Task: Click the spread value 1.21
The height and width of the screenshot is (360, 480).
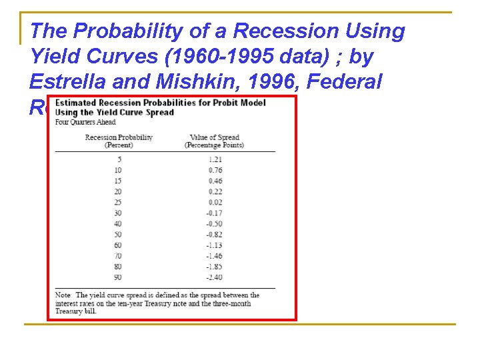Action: click(214, 159)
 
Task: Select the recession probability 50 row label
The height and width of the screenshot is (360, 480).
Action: click(118, 234)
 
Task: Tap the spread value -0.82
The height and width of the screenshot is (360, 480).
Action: click(213, 234)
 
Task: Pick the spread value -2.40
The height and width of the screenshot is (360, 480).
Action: click(213, 277)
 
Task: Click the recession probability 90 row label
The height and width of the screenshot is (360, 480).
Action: click(118, 277)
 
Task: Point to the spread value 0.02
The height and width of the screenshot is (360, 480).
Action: click(215, 202)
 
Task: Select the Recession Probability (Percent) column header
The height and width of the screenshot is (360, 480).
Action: click(119, 141)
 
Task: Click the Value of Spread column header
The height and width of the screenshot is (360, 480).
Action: click(213, 141)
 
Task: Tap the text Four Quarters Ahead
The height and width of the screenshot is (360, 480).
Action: click(85, 121)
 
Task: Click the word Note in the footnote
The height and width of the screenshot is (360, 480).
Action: click(63, 295)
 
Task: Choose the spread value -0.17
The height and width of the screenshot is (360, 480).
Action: click(213, 213)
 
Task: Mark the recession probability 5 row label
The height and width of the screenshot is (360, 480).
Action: click(119, 159)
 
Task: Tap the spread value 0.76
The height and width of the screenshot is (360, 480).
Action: click(215, 170)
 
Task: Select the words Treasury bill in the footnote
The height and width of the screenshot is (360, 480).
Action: click(75, 311)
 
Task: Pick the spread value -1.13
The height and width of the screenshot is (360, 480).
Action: click(213, 245)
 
